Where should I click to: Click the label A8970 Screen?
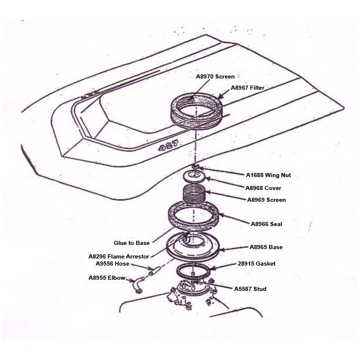(215, 76)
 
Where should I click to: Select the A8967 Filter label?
(247, 87)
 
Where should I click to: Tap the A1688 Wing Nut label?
(269, 175)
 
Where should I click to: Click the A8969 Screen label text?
(267, 200)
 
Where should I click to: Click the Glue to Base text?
(132, 243)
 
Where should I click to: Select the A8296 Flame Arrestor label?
(119, 257)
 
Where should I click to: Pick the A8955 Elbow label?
(107, 277)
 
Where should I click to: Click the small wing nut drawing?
(194, 168)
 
